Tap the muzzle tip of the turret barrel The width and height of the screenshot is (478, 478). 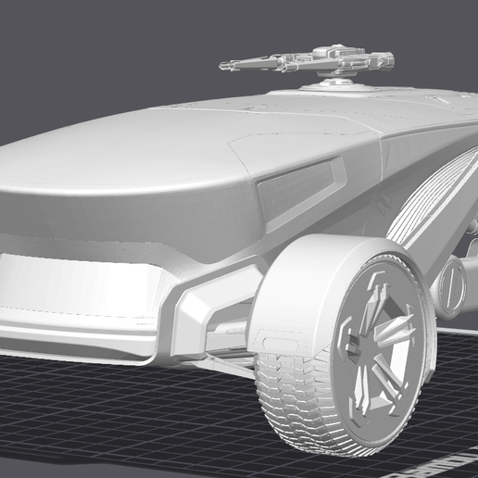[223, 66]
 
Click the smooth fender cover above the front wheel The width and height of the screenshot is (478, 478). [306, 278]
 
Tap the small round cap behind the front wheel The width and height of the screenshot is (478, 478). [453, 283]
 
